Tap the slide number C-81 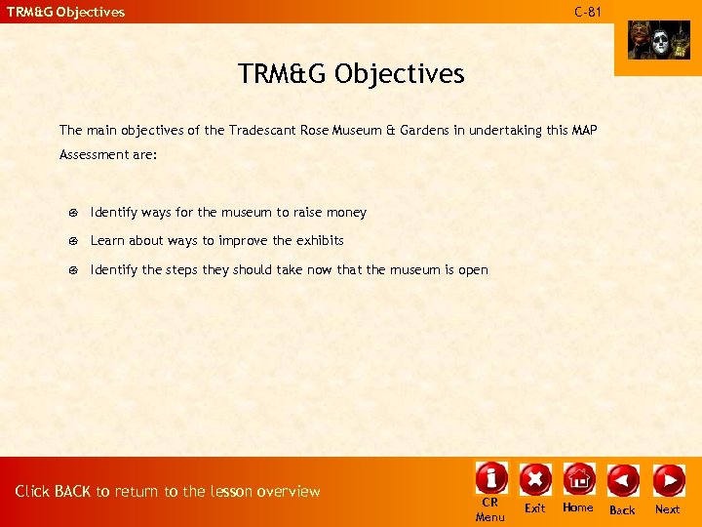tap(588, 12)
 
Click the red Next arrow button tap(668, 480)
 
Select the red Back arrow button tap(622, 480)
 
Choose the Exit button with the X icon tap(535, 479)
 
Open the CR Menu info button tap(490, 477)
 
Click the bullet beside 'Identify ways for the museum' tap(74, 213)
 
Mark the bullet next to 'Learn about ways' tap(74, 241)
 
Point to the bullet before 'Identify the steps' tap(74, 270)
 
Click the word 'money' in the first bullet tap(346, 213)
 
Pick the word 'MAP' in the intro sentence tap(584, 130)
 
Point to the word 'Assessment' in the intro tap(94, 154)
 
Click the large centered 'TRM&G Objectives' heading tap(351, 74)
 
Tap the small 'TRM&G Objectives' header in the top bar tap(66, 13)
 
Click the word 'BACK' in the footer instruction tap(72, 492)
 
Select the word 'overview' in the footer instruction tap(289, 492)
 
